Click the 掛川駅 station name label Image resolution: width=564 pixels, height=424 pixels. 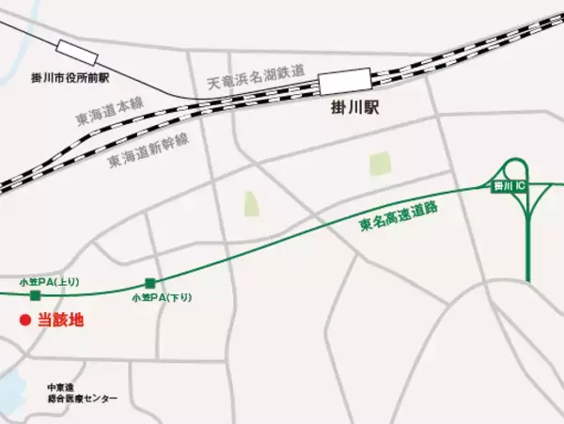(x=351, y=109)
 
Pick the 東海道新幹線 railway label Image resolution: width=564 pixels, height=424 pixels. (x=148, y=149)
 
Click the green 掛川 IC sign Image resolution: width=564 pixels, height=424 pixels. (x=514, y=187)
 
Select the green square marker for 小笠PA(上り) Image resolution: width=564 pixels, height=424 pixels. (x=36, y=295)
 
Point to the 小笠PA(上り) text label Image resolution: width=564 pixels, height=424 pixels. (x=44, y=281)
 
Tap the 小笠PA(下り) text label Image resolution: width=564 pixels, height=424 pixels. (x=162, y=297)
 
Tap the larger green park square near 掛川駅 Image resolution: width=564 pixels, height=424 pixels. (x=380, y=165)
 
